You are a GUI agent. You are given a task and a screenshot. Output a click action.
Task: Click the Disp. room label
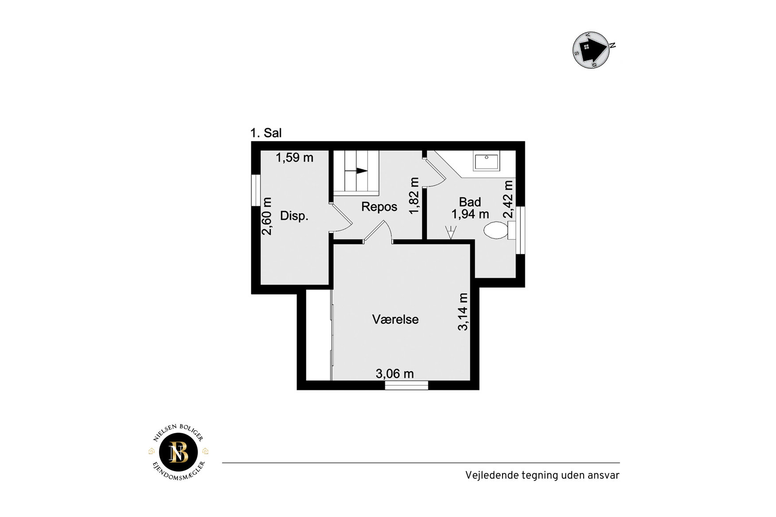click(294, 216)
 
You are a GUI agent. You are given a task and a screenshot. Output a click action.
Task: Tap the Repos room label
click(379, 207)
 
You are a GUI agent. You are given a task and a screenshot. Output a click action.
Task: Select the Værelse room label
click(395, 319)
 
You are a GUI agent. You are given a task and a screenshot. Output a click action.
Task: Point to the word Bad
click(470, 202)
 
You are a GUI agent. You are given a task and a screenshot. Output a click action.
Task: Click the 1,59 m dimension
click(294, 157)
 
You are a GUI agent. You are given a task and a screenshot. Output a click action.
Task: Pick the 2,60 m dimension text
click(266, 216)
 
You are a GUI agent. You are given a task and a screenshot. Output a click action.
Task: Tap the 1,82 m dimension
click(414, 195)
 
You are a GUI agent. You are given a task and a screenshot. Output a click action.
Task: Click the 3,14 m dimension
click(463, 311)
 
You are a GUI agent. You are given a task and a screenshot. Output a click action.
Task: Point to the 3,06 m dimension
click(395, 374)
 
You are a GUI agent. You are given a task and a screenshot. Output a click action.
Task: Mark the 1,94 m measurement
click(470, 214)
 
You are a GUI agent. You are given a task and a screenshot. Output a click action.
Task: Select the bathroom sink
click(487, 161)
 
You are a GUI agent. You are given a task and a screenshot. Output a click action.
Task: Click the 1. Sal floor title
click(266, 133)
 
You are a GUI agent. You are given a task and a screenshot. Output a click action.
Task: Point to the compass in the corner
click(592, 50)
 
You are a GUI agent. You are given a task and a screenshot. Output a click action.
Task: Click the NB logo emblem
click(179, 452)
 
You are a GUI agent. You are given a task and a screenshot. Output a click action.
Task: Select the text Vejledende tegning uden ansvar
click(542, 475)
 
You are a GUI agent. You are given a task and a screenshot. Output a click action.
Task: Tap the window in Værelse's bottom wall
click(406, 385)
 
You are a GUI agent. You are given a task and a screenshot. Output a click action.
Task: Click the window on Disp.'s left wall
click(256, 190)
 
